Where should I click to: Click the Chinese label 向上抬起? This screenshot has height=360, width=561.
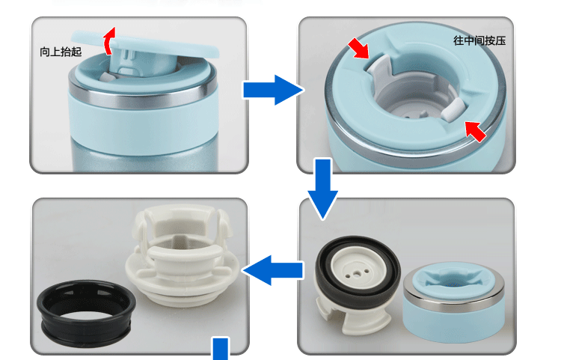click(62, 52)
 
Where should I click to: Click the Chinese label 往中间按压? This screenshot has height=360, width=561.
click(479, 40)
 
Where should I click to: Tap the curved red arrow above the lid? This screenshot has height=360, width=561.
click(109, 42)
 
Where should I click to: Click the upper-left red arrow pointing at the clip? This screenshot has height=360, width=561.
click(359, 49)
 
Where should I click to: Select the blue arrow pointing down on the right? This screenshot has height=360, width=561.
click(323, 187)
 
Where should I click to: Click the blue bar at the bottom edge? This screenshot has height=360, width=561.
click(221, 348)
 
